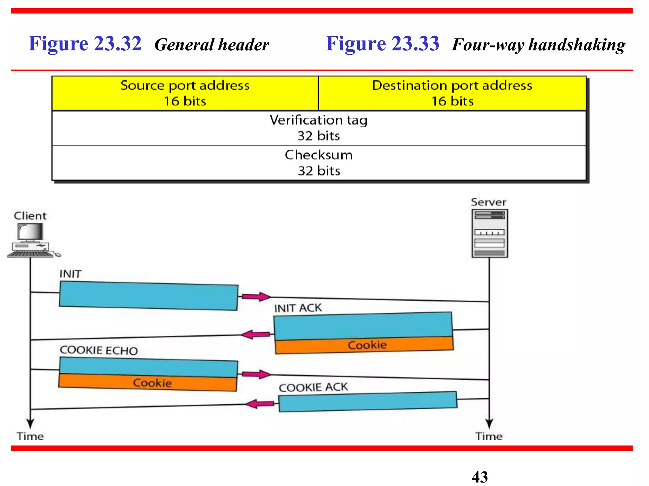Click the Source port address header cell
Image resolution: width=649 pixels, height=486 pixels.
coord(185,93)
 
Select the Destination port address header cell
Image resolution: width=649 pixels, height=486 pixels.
coord(452,93)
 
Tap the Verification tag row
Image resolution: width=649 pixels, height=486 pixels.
coord(318,128)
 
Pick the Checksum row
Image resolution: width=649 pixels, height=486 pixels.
coord(318,163)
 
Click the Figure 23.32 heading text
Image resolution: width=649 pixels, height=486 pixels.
coord(85,44)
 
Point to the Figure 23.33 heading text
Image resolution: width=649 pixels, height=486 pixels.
coord(382,44)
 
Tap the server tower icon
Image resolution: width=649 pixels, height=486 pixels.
coord(490,233)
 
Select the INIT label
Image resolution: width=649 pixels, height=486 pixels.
coord(71,274)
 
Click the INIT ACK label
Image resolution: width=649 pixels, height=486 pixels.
coord(298,308)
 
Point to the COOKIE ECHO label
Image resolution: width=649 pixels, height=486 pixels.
coord(99,350)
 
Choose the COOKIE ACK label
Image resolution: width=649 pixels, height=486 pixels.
coord(313,387)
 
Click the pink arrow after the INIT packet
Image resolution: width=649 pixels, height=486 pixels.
coord(256,296)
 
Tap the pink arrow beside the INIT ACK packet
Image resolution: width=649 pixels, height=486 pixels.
coord(255,334)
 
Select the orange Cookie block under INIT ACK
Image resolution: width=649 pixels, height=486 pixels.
coord(364,345)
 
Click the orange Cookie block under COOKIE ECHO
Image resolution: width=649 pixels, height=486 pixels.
coord(148,383)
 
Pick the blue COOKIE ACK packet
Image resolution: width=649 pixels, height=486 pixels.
coord(368,402)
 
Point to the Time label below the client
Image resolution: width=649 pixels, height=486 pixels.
coord(30,436)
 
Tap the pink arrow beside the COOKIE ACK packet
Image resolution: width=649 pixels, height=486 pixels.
coord(260,404)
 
